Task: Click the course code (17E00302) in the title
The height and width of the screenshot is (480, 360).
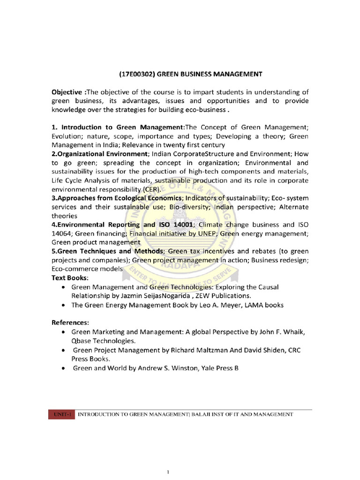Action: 136,74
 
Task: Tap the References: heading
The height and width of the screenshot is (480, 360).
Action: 70,322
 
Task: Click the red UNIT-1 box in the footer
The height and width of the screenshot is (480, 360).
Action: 61,414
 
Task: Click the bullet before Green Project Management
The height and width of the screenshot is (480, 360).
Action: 63,350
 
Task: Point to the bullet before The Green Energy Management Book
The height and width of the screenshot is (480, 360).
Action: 63,305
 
